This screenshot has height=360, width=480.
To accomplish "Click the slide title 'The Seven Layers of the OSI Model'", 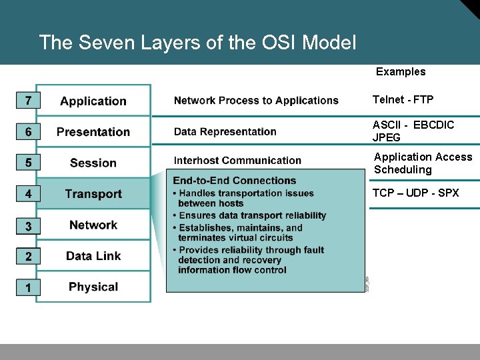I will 197,43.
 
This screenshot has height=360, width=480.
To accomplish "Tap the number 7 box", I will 28,101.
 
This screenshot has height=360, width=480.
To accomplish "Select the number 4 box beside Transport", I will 28,194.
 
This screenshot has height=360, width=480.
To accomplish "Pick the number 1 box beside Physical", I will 28,287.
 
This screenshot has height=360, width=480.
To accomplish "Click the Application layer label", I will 93,101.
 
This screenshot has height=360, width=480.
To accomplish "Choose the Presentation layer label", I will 93,132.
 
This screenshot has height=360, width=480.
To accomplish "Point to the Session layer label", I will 93,163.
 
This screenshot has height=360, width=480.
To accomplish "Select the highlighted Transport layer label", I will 93,194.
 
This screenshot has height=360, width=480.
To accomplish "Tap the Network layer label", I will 93,225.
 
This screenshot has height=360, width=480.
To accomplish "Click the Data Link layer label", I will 93,256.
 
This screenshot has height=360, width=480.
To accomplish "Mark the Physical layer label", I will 93,287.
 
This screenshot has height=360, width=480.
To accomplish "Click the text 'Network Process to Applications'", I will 256,101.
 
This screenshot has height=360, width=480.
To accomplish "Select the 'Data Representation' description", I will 225,132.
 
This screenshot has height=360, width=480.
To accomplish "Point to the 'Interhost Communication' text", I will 237,161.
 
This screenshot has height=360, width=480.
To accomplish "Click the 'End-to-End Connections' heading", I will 234,181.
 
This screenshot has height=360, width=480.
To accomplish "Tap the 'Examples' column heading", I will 401,72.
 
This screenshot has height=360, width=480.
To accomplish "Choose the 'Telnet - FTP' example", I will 403,100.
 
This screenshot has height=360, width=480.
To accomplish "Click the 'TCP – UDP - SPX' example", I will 415,193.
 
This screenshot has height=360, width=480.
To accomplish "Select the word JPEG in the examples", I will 387,138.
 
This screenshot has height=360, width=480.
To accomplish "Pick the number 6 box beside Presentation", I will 28,132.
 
